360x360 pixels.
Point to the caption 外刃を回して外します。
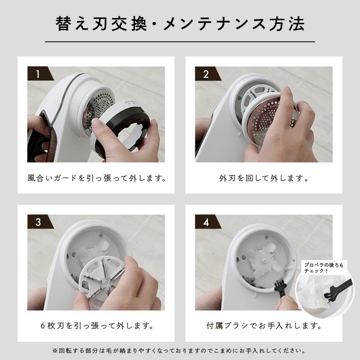coord(264,178)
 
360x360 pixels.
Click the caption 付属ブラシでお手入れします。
coord(264,325)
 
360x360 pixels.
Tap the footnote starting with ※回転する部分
coord(180,350)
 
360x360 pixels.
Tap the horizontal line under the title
coord(180,42)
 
